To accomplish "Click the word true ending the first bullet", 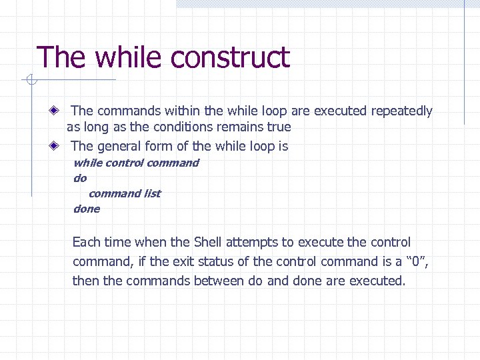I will (x=279, y=127).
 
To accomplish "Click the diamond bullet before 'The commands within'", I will (x=58, y=111).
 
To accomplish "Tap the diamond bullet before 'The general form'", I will (x=58, y=146).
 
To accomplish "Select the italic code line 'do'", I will (x=80, y=179).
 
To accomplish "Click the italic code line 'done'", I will (x=87, y=209).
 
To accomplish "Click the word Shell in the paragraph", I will (x=210, y=242).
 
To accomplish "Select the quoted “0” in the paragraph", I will (x=413, y=261).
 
